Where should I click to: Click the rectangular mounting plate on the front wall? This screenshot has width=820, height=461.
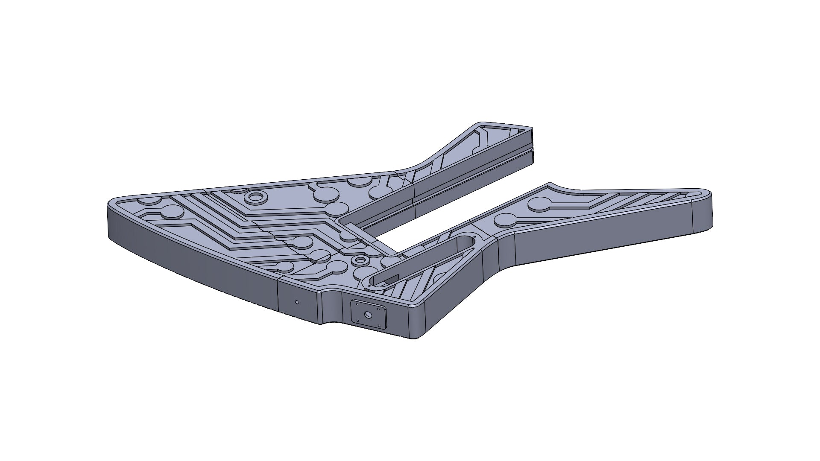click(x=368, y=315)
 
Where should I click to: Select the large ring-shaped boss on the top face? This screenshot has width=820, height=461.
click(x=257, y=197)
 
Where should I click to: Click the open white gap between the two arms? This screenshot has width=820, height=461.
click(x=448, y=213)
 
